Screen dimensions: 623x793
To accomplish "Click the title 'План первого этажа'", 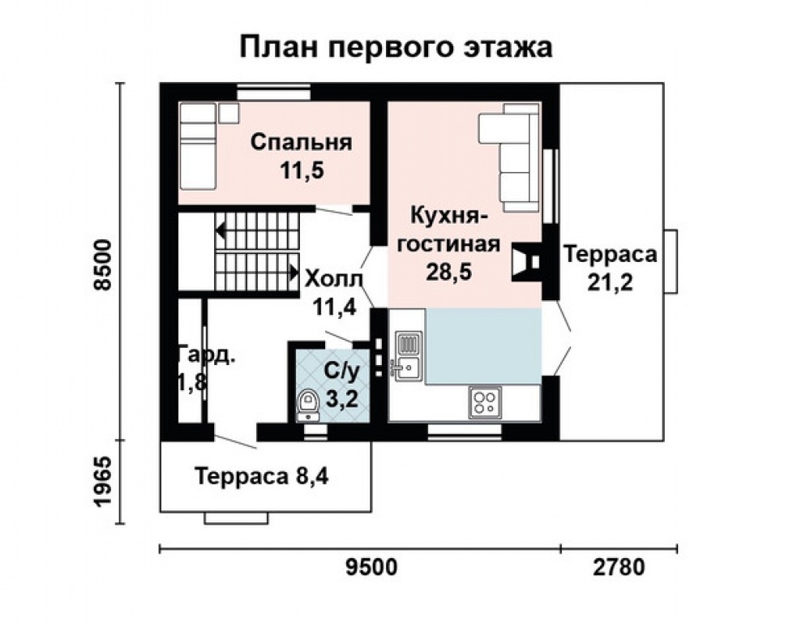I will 396,47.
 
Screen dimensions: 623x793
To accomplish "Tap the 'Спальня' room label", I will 301,143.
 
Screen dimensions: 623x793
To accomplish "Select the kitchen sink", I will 406,355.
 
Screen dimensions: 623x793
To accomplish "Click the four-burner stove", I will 486,402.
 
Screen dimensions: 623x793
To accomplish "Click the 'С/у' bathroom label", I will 341,372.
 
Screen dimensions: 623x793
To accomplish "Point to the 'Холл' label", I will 334,280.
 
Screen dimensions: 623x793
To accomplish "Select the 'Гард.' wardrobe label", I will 197,357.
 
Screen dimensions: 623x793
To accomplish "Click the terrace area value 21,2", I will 610,282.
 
